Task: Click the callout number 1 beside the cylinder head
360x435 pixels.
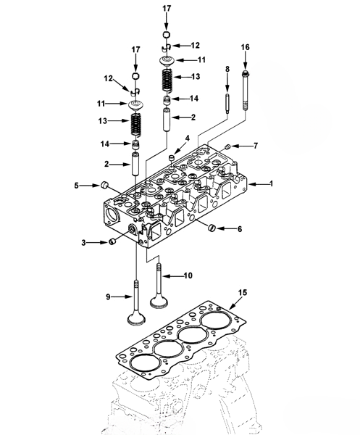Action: (x=272, y=183)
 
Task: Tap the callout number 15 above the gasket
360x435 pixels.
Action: (x=243, y=293)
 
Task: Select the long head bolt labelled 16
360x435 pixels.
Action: (x=245, y=91)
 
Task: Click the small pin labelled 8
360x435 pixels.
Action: (x=227, y=104)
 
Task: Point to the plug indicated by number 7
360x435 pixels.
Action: (x=227, y=146)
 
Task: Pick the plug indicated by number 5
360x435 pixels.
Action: (x=104, y=185)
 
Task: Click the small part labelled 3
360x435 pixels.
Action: (x=113, y=241)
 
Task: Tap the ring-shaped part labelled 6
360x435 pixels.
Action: (x=212, y=228)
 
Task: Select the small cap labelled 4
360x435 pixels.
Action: (x=172, y=158)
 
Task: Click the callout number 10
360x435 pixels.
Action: (x=188, y=275)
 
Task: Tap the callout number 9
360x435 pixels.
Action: (x=108, y=297)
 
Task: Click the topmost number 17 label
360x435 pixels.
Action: (x=167, y=9)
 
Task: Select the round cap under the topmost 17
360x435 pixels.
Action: (x=166, y=35)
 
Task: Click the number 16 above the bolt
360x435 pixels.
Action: (x=245, y=47)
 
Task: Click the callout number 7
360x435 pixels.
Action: (x=256, y=146)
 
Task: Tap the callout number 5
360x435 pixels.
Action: (x=77, y=186)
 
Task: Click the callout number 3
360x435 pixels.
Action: (x=83, y=243)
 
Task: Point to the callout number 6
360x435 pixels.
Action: (x=240, y=229)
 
